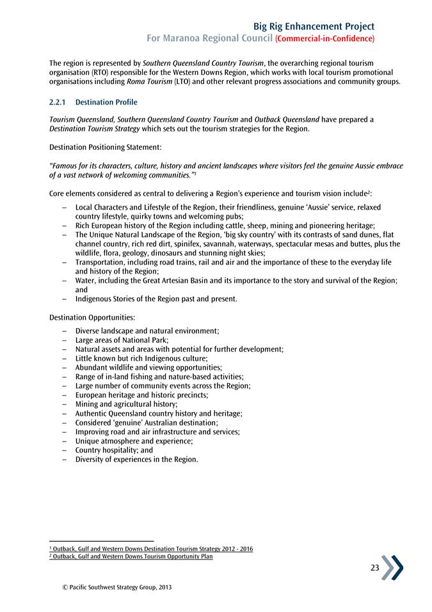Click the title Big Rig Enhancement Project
coord(314,26)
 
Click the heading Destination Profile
coord(106,102)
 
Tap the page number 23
coord(375,568)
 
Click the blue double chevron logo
coord(393,567)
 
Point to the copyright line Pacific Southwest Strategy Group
coord(113,586)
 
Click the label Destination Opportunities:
coord(92,317)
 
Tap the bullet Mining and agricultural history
coord(126,404)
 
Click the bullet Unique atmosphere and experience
coord(134,441)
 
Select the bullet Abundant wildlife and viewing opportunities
coord(148,368)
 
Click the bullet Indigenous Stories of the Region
coord(156,299)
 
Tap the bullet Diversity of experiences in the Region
coord(136,459)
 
